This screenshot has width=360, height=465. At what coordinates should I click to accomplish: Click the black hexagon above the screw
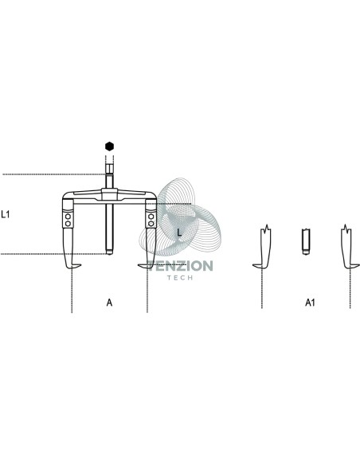point(109,147)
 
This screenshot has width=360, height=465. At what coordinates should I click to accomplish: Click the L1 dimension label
point(6,214)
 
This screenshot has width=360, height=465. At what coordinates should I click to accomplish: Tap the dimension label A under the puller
point(109,303)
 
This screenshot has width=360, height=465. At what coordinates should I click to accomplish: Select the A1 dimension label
point(310,303)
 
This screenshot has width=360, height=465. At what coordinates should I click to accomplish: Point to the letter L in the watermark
point(179,232)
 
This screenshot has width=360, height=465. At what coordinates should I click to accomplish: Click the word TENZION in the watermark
point(181,266)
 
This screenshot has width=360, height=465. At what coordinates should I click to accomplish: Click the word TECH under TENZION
point(180,278)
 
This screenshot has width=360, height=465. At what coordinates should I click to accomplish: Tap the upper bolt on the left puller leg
point(68,217)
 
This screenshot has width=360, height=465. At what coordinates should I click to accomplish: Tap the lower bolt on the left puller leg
point(68,223)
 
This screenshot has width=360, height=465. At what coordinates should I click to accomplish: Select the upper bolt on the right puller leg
point(151,217)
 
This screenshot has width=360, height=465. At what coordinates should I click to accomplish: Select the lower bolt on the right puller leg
point(151,223)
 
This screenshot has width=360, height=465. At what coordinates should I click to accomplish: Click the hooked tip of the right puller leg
point(142,266)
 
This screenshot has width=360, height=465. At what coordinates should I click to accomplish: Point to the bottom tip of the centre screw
point(109,253)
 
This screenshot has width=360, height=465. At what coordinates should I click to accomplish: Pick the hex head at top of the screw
point(109,170)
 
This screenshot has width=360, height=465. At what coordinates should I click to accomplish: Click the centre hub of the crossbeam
point(109,194)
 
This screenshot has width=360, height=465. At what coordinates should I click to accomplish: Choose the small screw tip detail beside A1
point(306,241)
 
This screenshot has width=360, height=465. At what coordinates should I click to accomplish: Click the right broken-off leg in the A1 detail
point(347,248)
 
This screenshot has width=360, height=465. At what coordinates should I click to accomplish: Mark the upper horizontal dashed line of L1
point(55,174)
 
